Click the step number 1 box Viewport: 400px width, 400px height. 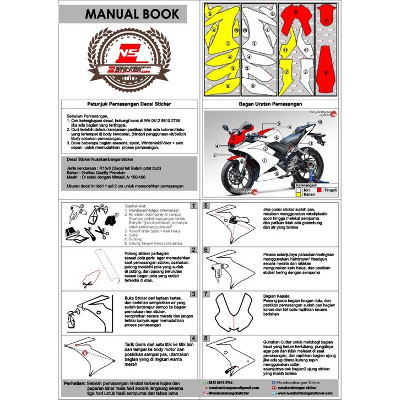pyautogui.click(x=193, y=206)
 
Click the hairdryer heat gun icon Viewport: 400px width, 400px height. pyautogui.click(x=78, y=212)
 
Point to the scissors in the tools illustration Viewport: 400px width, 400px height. pyautogui.click(x=99, y=230)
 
